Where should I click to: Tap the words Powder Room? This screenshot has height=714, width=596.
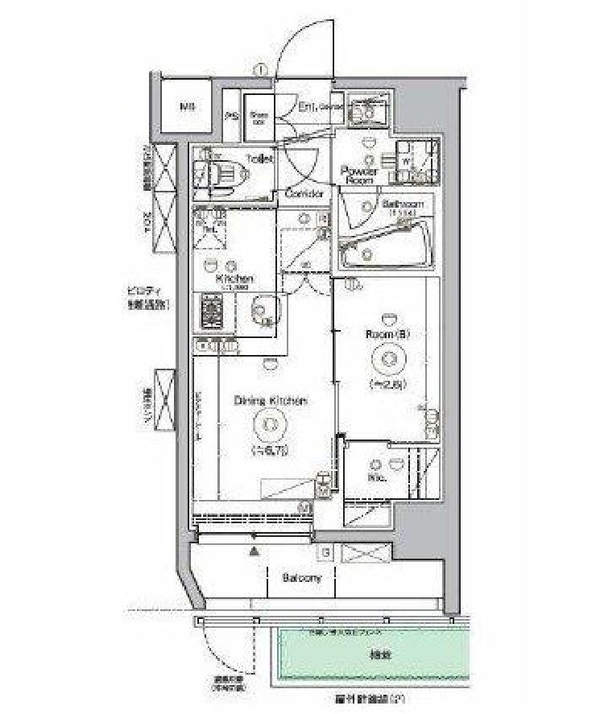tap(359, 175)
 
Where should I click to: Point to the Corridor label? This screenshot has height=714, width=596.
tap(305, 194)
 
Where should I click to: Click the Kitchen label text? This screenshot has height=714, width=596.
tap(234, 279)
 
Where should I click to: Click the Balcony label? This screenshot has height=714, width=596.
tap(302, 578)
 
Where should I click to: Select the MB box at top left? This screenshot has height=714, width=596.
tap(188, 106)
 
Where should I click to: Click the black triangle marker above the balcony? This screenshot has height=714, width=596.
tap(255, 552)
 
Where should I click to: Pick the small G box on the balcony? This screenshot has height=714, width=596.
tap(326, 553)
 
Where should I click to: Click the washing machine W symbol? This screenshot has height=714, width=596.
tap(406, 159)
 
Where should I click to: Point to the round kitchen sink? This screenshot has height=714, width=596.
tap(263, 309)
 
